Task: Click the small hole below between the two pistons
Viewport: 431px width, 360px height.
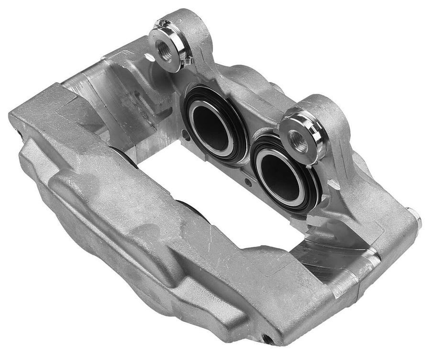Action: (x=247, y=182)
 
